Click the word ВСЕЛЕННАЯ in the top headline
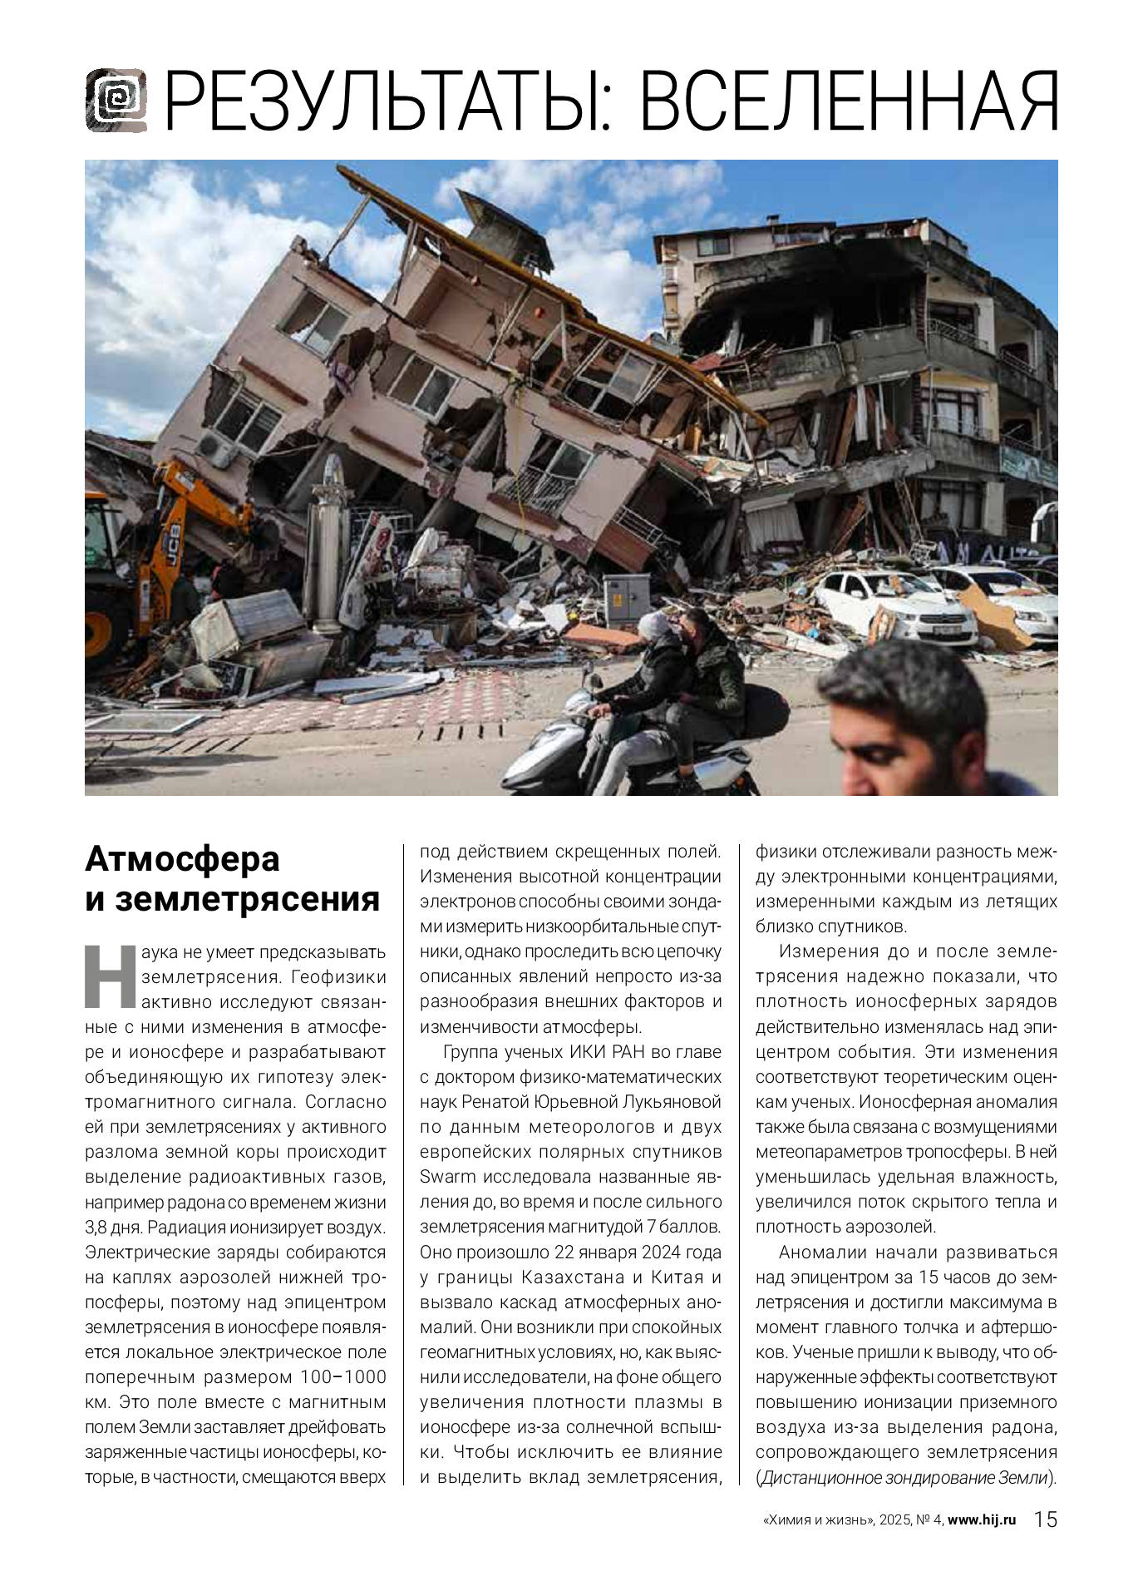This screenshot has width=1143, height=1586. pyautogui.click(x=849, y=102)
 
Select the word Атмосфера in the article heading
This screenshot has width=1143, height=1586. pyautogui.click(x=182, y=859)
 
